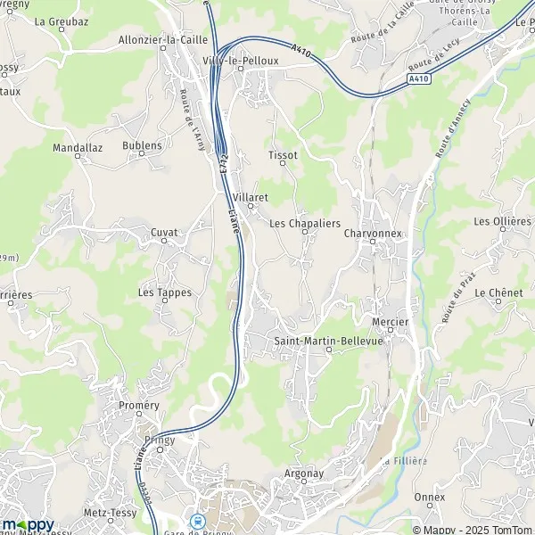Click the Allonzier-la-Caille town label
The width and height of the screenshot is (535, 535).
[x=163, y=40]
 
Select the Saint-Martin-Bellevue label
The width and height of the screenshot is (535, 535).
[x=327, y=341]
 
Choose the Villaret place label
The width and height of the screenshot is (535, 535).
[x=250, y=195]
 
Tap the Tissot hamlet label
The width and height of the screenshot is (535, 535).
[x=282, y=154]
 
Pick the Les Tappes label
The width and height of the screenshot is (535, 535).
[x=159, y=292]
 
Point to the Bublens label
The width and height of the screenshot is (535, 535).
[x=143, y=145]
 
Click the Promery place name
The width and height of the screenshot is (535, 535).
[x=138, y=405]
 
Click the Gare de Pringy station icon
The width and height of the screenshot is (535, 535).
[x=198, y=522]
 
